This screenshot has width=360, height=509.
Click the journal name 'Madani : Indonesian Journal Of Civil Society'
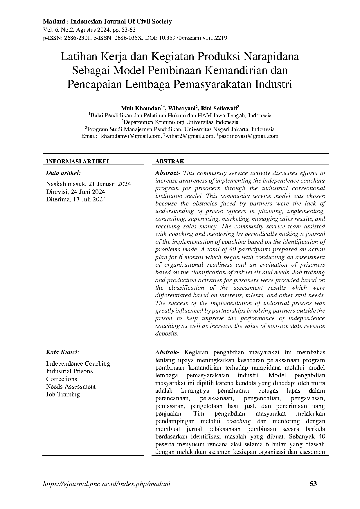107,21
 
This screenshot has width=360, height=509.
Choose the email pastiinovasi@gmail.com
248,136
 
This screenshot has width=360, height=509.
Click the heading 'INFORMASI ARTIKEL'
78,162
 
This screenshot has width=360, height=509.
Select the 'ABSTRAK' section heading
170,162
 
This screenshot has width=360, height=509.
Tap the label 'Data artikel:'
63,173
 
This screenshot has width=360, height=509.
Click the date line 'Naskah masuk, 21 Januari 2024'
88,184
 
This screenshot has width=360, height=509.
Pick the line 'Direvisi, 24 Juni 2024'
75,192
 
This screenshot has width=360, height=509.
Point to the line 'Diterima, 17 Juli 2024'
76,199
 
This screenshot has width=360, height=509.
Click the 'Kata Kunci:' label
63,353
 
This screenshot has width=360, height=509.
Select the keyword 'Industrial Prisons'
69,371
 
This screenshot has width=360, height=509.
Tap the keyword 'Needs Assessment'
71,387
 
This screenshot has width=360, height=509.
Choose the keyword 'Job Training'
63,394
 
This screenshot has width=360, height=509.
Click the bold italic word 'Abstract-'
168,173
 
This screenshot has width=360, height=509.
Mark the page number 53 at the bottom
313,484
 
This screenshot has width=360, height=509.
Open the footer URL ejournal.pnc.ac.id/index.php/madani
107,484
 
